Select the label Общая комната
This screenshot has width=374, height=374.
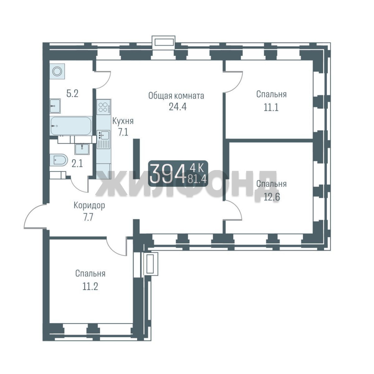tap(176, 96)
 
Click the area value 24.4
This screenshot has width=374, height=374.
tap(178, 107)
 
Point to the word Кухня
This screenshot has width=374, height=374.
tap(123, 122)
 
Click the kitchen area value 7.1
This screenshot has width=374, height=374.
tap(123, 132)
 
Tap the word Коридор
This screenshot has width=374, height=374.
tap(89, 205)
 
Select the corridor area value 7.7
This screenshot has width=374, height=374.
tap(88, 217)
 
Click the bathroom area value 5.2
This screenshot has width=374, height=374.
tap(72, 93)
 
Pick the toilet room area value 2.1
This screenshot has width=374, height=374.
tap(77, 163)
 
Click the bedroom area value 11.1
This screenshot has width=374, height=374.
tap(271, 108)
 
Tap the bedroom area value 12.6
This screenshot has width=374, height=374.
tap(272, 197)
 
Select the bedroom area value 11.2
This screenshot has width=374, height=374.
tap(90, 286)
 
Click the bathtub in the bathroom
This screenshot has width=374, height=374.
tap(71, 126)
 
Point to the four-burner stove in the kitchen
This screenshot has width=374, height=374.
tap(104, 107)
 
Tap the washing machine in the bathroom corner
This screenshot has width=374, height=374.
tap(57, 71)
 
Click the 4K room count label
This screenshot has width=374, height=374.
tap(197, 169)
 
